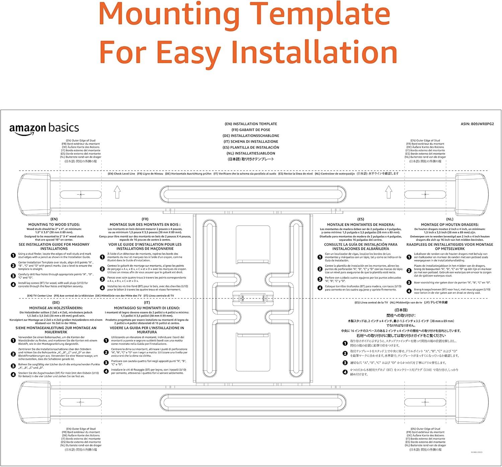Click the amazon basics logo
click(x=44, y=129)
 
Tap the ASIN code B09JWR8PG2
click(x=477, y=124)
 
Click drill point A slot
click(x=81, y=194)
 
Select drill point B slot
click(x=425, y=194)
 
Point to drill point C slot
click(x=80, y=402)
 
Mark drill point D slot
click(x=425, y=402)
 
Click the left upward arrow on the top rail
click(x=117, y=192)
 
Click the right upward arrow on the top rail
click(x=389, y=192)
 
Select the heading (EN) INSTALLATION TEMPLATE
click(x=251, y=124)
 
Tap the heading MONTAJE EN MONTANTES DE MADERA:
click(x=360, y=224)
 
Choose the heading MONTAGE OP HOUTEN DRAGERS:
click(x=449, y=224)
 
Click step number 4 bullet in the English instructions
click(x=13, y=285)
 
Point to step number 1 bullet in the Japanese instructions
click(x=345, y=343)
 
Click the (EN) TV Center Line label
click(x=39, y=296)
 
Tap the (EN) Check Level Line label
click(x=121, y=174)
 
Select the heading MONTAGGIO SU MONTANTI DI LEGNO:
click(x=147, y=308)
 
